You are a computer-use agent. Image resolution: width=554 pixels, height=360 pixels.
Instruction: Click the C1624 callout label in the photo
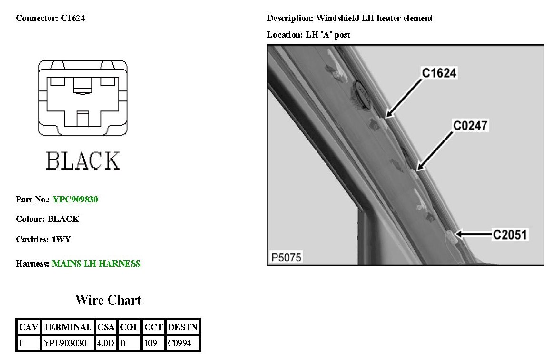coord(439,73)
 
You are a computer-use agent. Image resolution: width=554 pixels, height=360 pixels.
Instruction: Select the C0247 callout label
coord(470,125)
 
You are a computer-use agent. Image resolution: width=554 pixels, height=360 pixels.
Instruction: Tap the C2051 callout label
coord(510,234)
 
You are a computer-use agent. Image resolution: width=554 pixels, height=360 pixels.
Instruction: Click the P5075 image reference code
coord(286,258)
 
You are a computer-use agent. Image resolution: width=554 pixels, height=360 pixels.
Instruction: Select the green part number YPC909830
coord(75,200)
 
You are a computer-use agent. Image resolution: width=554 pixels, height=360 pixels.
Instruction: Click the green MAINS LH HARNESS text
coord(96,264)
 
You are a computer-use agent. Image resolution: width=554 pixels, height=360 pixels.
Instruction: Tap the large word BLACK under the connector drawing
coord(83,161)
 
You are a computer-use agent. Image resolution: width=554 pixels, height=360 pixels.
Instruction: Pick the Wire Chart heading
coord(108,300)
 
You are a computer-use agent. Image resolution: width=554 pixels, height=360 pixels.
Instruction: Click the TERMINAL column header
coord(68,327)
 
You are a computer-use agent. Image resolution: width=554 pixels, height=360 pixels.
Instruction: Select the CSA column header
coord(106,327)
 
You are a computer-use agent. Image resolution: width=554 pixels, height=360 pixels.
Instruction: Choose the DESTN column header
coord(183,327)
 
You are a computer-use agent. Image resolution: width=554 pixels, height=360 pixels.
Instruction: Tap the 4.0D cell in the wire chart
coord(105,343)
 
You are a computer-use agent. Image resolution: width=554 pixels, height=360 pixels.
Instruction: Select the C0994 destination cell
coord(178,343)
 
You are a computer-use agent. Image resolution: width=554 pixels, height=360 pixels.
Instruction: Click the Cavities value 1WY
coord(61,240)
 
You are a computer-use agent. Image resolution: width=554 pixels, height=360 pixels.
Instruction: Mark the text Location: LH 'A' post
coord(308,35)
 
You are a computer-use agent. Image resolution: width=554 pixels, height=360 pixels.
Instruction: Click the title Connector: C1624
coord(50,19)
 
